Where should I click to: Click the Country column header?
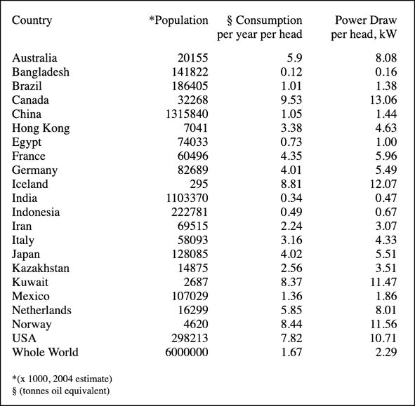32,20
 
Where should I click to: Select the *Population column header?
178,20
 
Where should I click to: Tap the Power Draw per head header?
364,27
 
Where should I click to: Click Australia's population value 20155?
192,57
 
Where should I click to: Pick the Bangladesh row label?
41,72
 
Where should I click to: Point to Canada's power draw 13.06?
383,100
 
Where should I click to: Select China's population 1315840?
187,114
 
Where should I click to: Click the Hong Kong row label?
41,128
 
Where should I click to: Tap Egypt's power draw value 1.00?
386,142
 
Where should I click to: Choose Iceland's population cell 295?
199,184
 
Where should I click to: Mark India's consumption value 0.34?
291,198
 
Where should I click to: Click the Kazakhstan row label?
41,268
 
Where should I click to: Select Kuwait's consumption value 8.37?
291,282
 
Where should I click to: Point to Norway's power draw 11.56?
383,324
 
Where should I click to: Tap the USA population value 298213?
190,338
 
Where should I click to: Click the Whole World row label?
45,352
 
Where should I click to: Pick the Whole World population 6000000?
187,352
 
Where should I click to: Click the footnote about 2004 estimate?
62,379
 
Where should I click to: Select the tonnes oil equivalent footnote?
60,391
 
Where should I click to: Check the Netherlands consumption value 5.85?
291,310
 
